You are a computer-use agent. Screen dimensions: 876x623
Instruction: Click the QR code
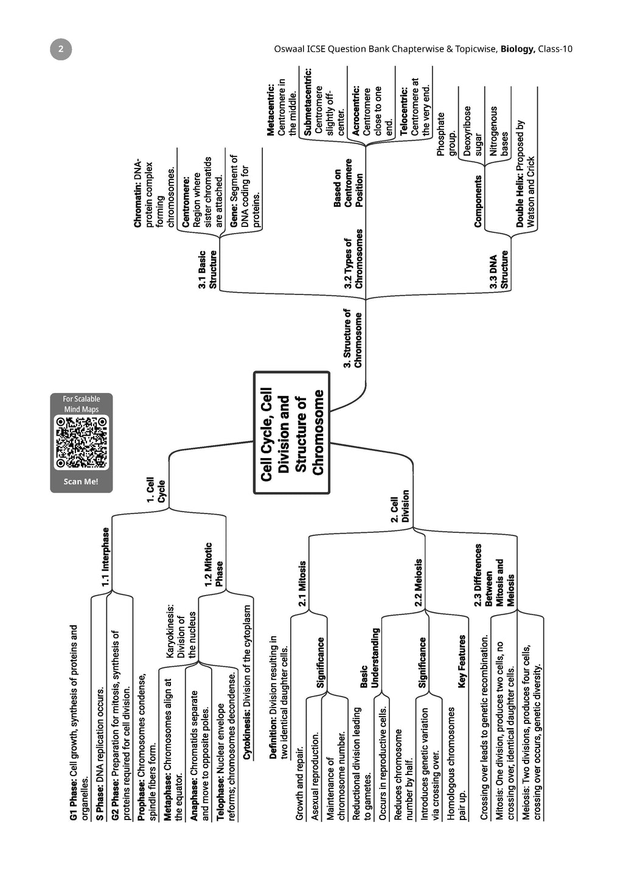pyautogui.click(x=82, y=442)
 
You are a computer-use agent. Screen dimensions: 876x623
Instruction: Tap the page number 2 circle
pyautogui.click(x=60, y=49)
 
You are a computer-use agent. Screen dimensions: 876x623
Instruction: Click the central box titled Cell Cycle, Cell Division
pyautogui.click(x=292, y=433)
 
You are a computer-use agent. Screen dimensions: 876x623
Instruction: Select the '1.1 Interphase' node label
pyautogui.click(x=106, y=557)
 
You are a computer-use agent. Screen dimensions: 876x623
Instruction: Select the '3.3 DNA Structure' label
pyautogui.click(x=499, y=271)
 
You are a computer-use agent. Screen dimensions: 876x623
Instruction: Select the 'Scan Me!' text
pyautogui.click(x=81, y=482)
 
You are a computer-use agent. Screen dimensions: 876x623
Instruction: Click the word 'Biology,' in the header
pyautogui.click(x=518, y=49)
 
